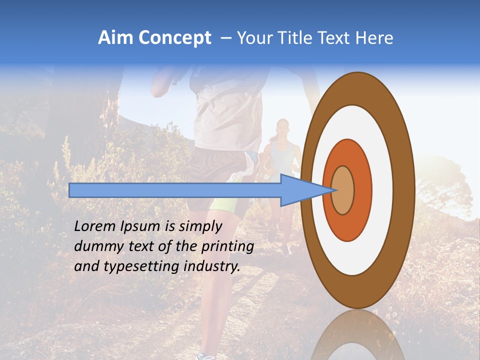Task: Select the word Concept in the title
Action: coord(175,38)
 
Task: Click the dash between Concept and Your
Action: coord(225,38)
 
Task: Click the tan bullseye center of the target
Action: coord(343,190)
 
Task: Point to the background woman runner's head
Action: coord(282,129)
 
